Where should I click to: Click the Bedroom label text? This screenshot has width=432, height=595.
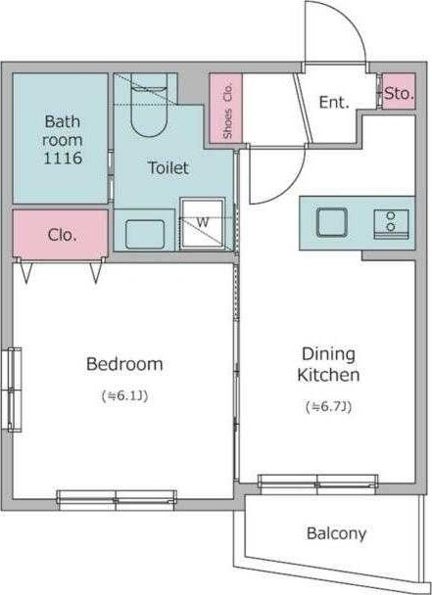click(x=124, y=364)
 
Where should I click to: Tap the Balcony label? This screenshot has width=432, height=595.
click(x=336, y=533)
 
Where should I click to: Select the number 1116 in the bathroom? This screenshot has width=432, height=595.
click(x=63, y=158)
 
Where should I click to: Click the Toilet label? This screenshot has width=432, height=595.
click(x=168, y=167)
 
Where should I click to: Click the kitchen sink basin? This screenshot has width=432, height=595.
click(x=332, y=223)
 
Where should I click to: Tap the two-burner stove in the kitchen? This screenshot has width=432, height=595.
click(x=391, y=224)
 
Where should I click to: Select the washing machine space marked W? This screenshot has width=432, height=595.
click(x=203, y=223)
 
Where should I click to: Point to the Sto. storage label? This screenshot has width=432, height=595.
click(x=399, y=93)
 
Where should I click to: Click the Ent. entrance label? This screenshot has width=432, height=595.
click(x=334, y=103)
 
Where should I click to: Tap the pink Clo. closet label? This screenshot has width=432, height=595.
click(x=62, y=235)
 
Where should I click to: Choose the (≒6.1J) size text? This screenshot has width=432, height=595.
click(x=124, y=395)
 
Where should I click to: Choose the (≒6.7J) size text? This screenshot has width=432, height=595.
click(x=328, y=407)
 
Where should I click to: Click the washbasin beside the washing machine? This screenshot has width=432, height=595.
click(x=145, y=234)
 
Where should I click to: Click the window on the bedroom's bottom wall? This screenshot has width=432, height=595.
click(x=117, y=500)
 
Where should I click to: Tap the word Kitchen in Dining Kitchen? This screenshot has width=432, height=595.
click(x=328, y=375)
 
